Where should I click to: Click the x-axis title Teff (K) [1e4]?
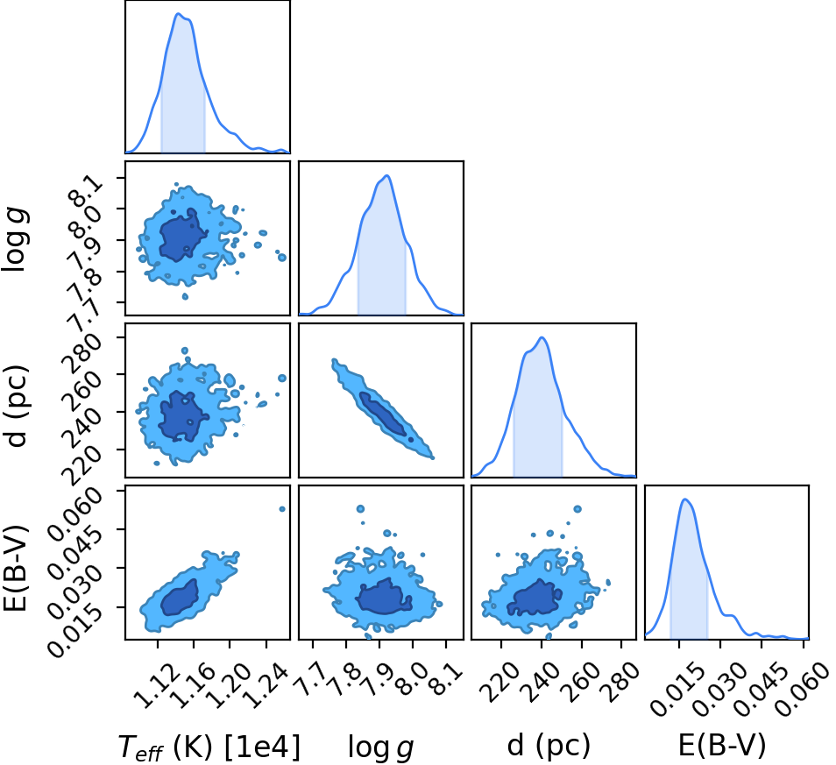point(209,747)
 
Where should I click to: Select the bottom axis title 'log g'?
point(380,747)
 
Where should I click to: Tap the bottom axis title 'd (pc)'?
point(549,745)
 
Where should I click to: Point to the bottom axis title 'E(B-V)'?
point(722,745)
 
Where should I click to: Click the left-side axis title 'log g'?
point(16,240)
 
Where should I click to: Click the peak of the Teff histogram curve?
point(178,13)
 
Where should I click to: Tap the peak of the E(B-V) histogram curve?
point(685,499)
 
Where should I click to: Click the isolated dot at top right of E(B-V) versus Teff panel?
point(282,509)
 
